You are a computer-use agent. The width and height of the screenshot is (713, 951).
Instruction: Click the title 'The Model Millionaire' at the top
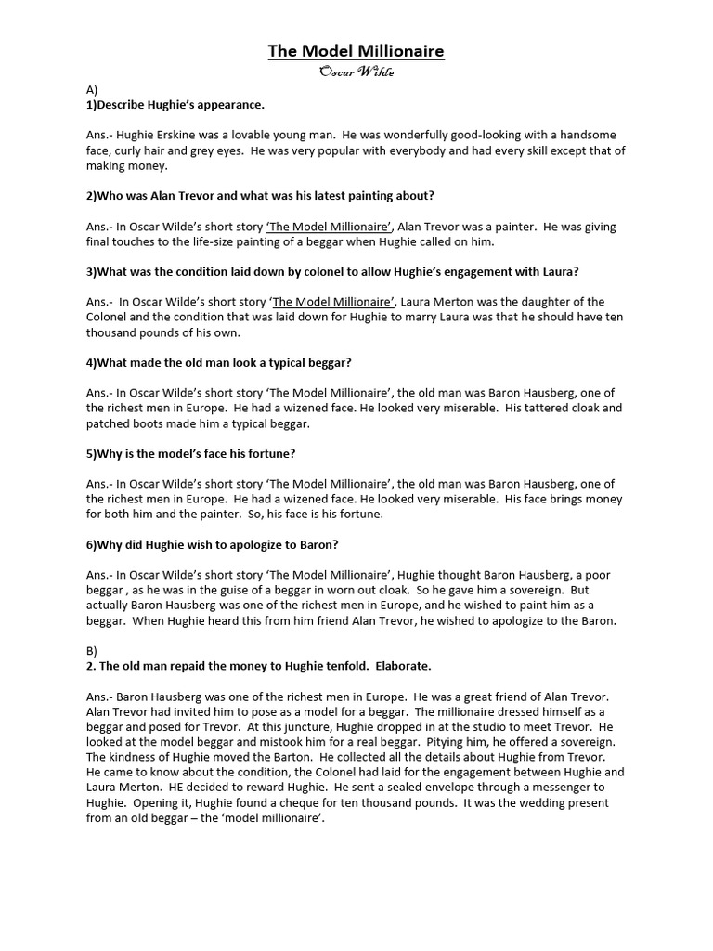coord(356,51)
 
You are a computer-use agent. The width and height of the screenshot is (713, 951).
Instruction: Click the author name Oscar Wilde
coord(356,73)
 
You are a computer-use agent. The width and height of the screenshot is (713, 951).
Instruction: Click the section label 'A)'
coord(92,90)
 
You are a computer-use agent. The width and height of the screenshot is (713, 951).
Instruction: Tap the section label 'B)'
coord(91,651)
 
